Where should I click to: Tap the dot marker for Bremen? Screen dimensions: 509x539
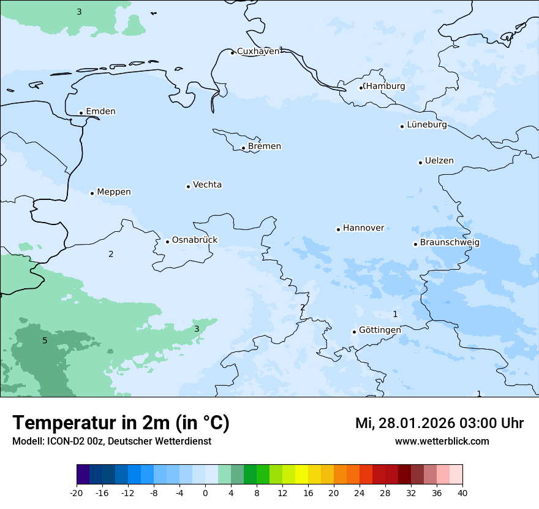pyautogui.click(x=243, y=148)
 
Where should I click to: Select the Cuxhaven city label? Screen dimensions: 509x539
pyautogui.click(x=258, y=52)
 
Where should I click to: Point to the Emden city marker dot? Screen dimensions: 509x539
pyautogui.click(x=81, y=113)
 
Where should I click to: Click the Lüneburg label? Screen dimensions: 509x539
pyautogui.click(x=426, y=125)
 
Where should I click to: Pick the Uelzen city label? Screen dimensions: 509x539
pyautogui.click(x=439, y=161)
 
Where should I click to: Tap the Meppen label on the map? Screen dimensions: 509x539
pyautogui.click(x=114, y=192)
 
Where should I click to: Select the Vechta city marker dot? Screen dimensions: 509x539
pyautogui.click(x=188, y=186)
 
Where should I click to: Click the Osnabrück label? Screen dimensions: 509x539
pyautogui.click(x=195, y=240)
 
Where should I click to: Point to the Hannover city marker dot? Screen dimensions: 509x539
pyautogui.click(x=338, y=229)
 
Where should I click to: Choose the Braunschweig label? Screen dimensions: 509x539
pyautogui.click(x=450, y=243)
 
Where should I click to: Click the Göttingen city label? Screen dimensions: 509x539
pyautogui.click(x=380, y=330)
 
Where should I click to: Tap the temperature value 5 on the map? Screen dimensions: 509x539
pyautogui.click(x=45, y=341)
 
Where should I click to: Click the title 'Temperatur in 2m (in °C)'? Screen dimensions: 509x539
pyautogui.click(x=121, y=423)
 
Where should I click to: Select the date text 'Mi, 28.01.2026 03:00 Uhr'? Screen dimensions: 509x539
pyautogui.click(x=439, y=423)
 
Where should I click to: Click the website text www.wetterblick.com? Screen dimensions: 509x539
pyautogui.click(x=442, y=442)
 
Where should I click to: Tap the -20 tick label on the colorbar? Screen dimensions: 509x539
pyautogui.click(x=77, y=493)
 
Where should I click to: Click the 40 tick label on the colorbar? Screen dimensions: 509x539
pyautogui.click(x=462, y=493)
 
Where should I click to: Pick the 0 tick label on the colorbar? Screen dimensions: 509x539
pyautogui.click(x=205, y=493)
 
